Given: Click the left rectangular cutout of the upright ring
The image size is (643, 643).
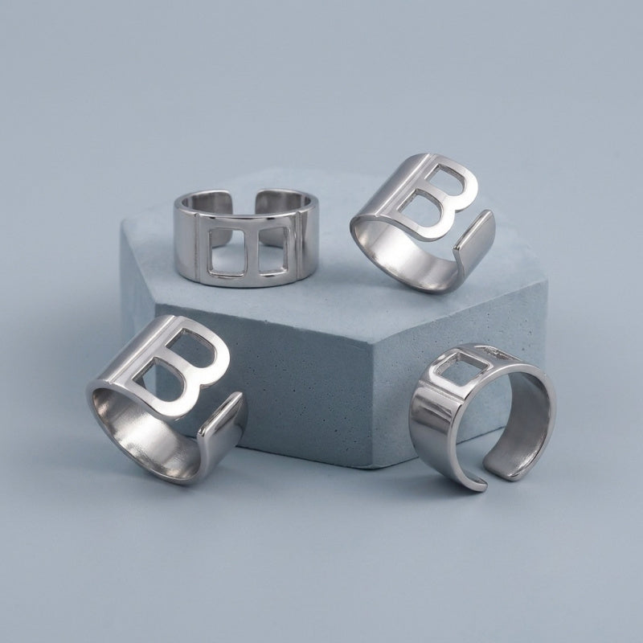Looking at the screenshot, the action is (227, 252).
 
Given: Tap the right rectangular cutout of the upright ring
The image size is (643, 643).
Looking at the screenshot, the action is (274, 251).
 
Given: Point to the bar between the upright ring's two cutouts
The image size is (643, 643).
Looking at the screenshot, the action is (252, 250).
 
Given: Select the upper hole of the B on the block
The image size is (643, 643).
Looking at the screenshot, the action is (445, 178).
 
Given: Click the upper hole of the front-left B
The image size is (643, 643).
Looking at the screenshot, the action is (190, 347).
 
